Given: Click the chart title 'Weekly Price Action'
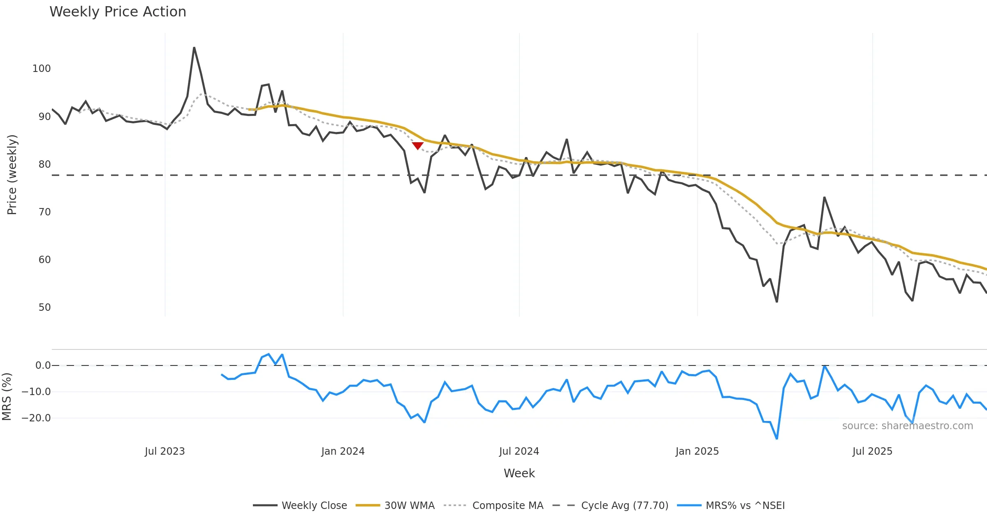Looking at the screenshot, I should [x=118, y=12].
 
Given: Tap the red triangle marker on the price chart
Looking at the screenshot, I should [x=417, y=146].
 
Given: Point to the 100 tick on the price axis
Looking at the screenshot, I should [x=42, y=69].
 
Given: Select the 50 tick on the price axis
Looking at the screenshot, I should [x=44, y=308].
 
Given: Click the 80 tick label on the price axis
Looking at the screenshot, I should [x=44, y=164].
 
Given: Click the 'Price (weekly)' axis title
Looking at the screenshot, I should [x=12, y=175].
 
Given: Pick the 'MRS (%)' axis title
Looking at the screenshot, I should [x=7, y=396].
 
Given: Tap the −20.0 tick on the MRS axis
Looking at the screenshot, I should [x=36, y=418].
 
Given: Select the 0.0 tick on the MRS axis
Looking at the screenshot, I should [x=43, y=365].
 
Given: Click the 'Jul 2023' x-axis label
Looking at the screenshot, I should [x=164, y=451].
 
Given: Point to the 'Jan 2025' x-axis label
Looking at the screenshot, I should [x=697, y=451].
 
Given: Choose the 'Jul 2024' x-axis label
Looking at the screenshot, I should [x=519, y=451].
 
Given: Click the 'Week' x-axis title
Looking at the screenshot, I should [x=519, y=474].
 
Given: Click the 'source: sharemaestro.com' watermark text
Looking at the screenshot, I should [x=907, y=426].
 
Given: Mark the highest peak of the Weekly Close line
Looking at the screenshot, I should [x=194, y=48].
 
